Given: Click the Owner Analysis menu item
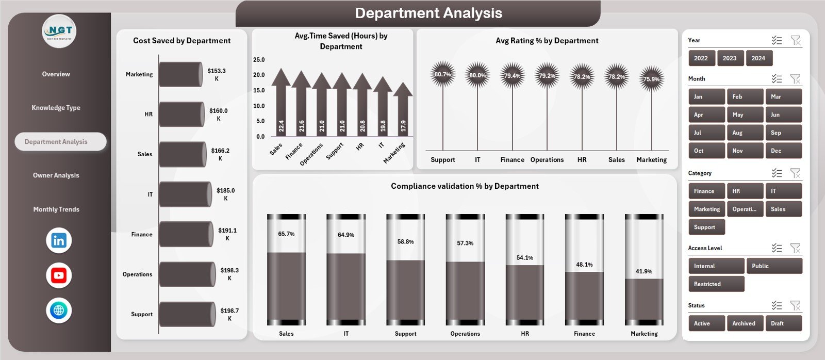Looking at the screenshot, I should (56, 175).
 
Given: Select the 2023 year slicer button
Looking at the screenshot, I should (729, 58).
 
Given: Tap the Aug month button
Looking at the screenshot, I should (744, 133).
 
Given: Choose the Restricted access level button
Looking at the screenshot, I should (716, 284).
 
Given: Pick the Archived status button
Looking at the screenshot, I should (744, 323).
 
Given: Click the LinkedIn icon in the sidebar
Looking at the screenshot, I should (59, 240).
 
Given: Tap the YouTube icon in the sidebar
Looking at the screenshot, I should (59, 275).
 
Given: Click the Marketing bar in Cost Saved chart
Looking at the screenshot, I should (180, 74).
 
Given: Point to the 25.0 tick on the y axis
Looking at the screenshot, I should (259, 60).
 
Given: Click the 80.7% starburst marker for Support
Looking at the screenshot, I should (442, 74).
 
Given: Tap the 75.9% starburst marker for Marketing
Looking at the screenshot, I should (651, 79).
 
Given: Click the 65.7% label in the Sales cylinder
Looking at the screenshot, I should (286, 234).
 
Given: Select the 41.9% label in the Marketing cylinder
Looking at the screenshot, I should (644, 271).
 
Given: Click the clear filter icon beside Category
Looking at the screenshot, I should (796, 173).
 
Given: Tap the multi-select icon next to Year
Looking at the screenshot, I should (777, 40).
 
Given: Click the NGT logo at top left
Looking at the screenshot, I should (59, 31).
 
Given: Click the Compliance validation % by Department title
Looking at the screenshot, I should (465, 186).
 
